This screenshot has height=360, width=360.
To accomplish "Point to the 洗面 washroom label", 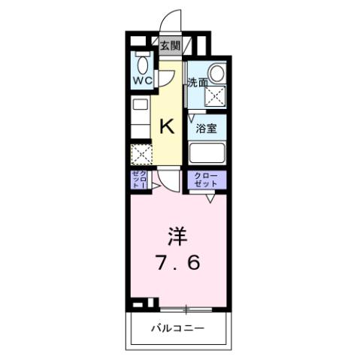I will [x=198, y=83].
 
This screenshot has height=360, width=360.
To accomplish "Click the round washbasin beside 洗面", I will [x=216, y=73].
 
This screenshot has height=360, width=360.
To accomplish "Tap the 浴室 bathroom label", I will [x=207, y=128].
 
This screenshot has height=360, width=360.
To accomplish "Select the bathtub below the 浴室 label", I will [x=208, y=153].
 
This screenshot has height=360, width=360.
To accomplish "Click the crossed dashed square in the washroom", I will [x=216, y=95].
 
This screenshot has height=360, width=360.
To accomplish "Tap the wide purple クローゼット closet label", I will [x=207, y=180].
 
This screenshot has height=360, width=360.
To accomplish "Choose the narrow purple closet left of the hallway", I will [x=138, y=180].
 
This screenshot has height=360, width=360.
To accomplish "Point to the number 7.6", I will [x=179, y=265].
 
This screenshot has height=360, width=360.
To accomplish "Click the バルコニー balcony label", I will [x=177, y=328].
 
